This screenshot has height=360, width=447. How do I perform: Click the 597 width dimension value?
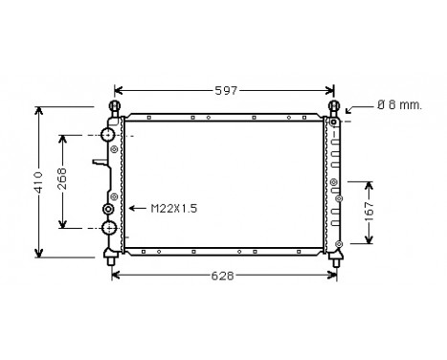point(226,91)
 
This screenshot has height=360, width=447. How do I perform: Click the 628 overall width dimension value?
point(222,276)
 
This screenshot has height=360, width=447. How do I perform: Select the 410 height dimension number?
point(39,182)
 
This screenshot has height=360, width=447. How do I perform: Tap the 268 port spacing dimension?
point(63,179)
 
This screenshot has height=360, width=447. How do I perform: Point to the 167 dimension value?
point(369,212)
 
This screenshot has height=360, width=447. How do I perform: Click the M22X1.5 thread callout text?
point(174,209)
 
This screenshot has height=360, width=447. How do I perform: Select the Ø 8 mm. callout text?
point(399,104)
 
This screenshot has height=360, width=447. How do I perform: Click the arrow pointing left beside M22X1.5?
point(137,209)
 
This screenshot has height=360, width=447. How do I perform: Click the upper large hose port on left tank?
point(107,134)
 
